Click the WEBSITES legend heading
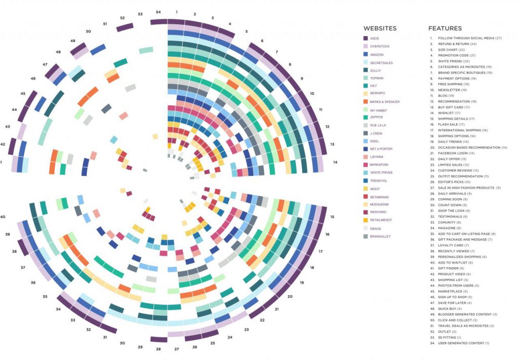click(380, 28)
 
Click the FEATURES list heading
click(444, 28)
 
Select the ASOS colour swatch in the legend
click(366, 38)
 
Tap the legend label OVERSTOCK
click(380, 46)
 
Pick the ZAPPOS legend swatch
click(366, 117)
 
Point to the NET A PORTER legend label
click(381, 149)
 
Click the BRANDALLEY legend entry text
click(380, 236)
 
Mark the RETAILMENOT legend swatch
click(366, 221)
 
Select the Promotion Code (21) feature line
click(457, 55)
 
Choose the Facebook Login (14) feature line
click(456, 153)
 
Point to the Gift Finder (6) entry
click(451, 268)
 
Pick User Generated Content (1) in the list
click(463, 343)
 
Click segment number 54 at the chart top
click(159, 12)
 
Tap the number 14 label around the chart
click(336, 162)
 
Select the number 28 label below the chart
click(159, 349)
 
